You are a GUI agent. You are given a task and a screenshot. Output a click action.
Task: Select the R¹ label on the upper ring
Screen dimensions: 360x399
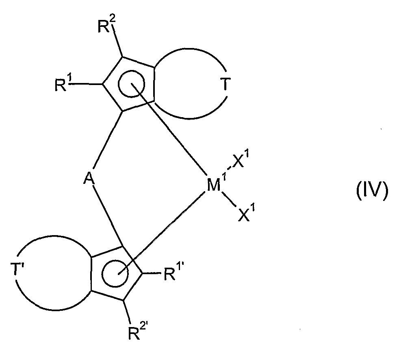tap(62, 86)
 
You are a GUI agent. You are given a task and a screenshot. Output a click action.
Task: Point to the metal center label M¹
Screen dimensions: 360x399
tap(214, 186)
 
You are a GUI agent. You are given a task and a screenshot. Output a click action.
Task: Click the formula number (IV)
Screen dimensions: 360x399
tap(372, 191)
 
